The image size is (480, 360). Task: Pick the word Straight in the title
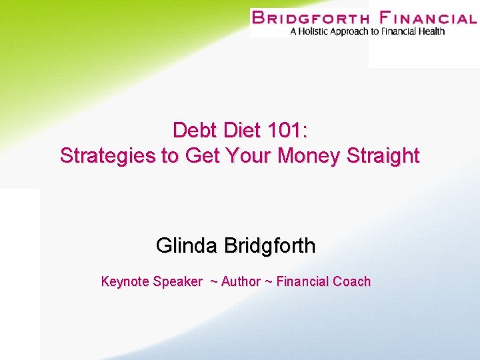[x=383, y=156]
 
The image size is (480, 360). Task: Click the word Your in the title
[x=249, y=156]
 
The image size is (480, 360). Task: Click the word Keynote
[x=125, y=281]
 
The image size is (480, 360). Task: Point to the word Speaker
[x=177, y=281]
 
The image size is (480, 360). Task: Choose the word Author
[x=241, y=281]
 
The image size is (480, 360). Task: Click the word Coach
[x=351, y=281]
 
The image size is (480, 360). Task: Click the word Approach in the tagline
[x=355, y=31]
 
